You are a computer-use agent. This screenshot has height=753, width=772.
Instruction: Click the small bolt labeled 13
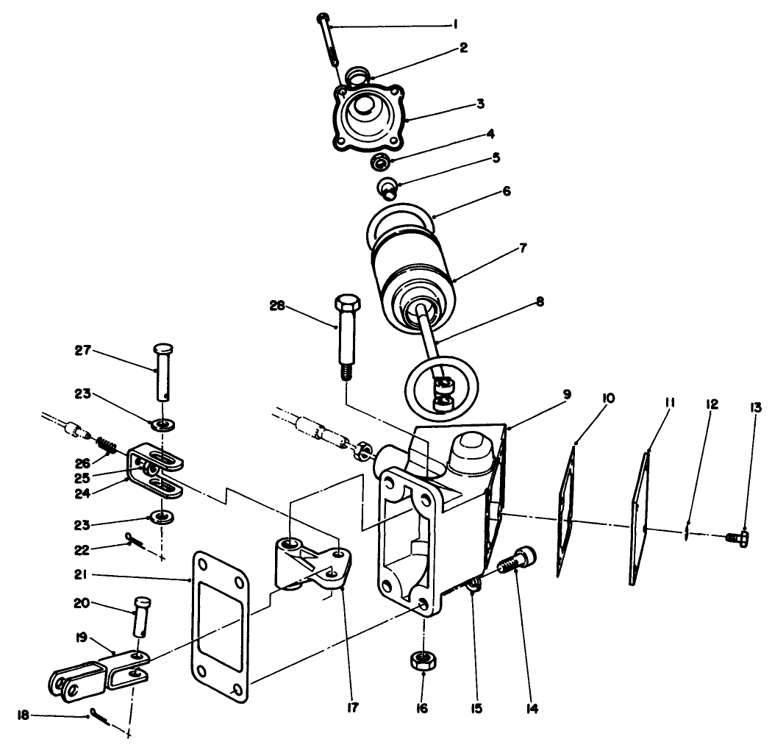click(736, 539)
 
